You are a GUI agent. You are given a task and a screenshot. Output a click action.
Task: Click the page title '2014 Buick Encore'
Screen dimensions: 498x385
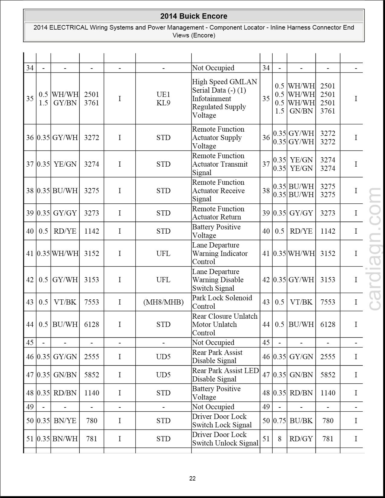coord(194,16)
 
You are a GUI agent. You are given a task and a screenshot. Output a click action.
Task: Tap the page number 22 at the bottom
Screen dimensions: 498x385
coord(192,478)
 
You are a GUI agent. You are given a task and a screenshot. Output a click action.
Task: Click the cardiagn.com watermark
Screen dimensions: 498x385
coord(375,249)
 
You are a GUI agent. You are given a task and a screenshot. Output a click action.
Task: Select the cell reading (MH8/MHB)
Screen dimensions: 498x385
coord(163,302)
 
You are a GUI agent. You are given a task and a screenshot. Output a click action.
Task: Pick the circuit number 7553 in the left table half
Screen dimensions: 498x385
coord(91,302)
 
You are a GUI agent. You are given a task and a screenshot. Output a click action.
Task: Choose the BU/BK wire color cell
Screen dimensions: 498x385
coord(301,421)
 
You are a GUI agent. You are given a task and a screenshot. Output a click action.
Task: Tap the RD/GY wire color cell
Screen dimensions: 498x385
coord(301,439)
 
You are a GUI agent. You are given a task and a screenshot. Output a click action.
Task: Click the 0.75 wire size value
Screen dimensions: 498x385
coord(280,421)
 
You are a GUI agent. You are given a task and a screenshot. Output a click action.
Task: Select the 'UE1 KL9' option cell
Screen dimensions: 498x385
coord(163,99)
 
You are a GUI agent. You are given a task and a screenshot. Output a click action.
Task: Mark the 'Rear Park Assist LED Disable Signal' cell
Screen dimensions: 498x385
coord(225,375)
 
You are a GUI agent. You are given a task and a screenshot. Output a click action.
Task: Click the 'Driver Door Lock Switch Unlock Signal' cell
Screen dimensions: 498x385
coord(225,439)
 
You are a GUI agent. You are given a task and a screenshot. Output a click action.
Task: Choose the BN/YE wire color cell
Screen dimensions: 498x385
coord(65,421)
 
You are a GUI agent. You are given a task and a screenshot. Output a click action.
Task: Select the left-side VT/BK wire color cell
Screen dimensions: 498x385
coord(65,302)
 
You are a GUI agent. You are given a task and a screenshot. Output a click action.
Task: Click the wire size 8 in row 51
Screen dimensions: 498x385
coord(280,439)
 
